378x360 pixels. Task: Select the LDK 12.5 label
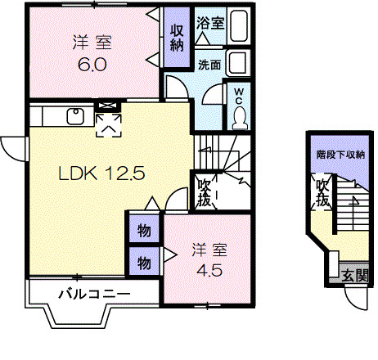[x=101, y=173]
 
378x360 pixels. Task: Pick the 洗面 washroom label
[x=209, y=65]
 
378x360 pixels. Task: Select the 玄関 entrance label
[x=353, y=274]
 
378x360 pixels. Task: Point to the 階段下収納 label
[x=340, y=154]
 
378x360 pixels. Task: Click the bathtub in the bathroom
[x=239, y=27]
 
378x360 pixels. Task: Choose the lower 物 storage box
[x=144, y=263]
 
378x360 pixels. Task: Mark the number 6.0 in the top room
[x=92, y=62]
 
